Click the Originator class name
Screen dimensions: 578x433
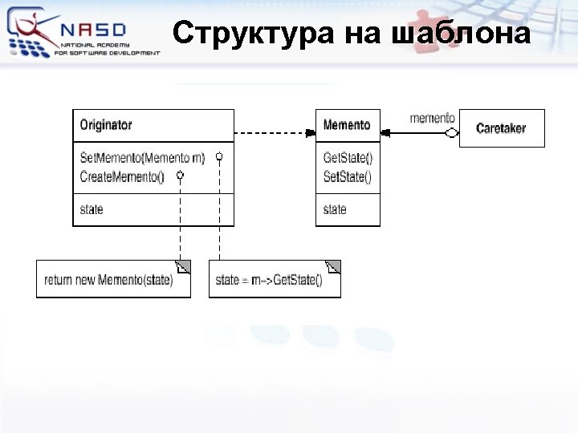click(x=106, y=125)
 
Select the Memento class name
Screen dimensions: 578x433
click(x=347, y=125)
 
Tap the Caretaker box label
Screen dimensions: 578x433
click(x=501, y=128)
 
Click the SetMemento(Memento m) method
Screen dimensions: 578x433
click(x=143, y=158)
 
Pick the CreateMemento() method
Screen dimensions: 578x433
click(x=122, y=176)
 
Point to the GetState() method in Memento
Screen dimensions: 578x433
click(x=348, y=158)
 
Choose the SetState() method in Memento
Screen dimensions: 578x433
click(x=348, y=176)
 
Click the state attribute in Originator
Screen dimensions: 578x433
click(x=92, y=210)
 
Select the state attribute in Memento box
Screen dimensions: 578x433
click(x=335, y=210)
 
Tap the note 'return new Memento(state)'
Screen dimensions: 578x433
click(x=108, y=280)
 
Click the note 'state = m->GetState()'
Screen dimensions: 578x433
click(x=269, y=280)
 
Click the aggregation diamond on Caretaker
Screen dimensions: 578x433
click(x=451, y=132)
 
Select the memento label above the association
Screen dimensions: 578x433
click(x=432, y=119)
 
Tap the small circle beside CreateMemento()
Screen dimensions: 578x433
click(x=180, y=174)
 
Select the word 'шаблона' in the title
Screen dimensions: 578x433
click(x=461, y=34)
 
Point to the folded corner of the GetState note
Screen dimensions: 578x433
click(x=333, y=267)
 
